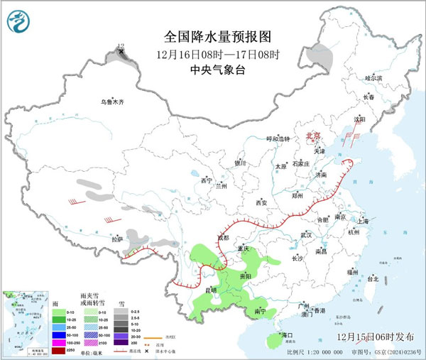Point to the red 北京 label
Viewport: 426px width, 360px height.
[x=313, y=135]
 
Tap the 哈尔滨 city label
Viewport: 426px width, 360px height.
[x=373, y=77]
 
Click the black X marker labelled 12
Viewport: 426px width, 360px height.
[x=121, y=52]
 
